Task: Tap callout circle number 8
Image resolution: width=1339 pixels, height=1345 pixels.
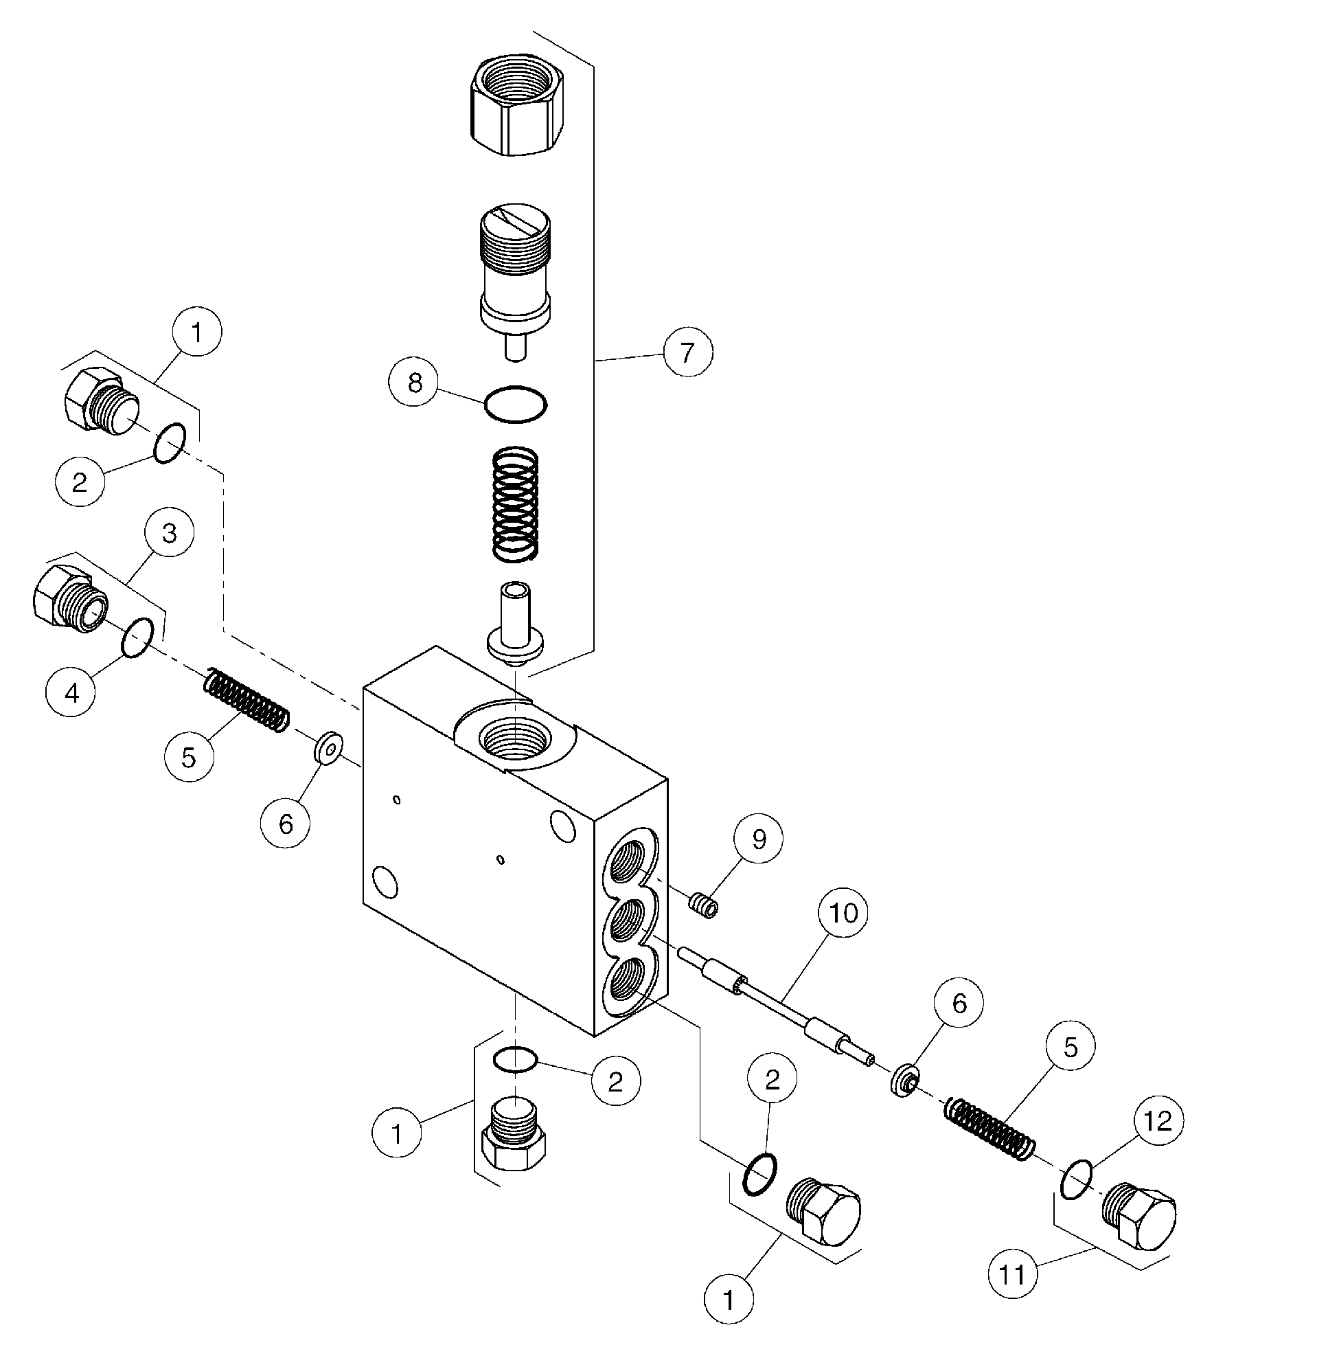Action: (415, 381)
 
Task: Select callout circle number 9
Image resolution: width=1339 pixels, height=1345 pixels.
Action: (758, 839)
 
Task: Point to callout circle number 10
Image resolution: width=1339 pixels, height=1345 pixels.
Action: (843, 912)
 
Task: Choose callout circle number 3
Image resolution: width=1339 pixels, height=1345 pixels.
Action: (169, 533)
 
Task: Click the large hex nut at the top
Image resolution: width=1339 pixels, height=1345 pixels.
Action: (517, 106)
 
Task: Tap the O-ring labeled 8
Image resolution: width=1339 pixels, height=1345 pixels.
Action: (516, 403)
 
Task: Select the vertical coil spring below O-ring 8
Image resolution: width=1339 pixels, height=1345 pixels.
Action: (515, 503)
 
